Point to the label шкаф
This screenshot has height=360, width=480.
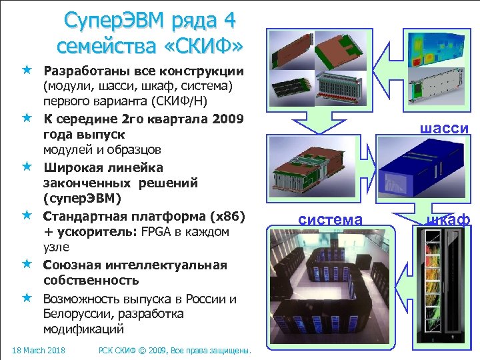[x=450, y=219]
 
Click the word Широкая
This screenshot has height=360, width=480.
[x=72, y=167]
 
